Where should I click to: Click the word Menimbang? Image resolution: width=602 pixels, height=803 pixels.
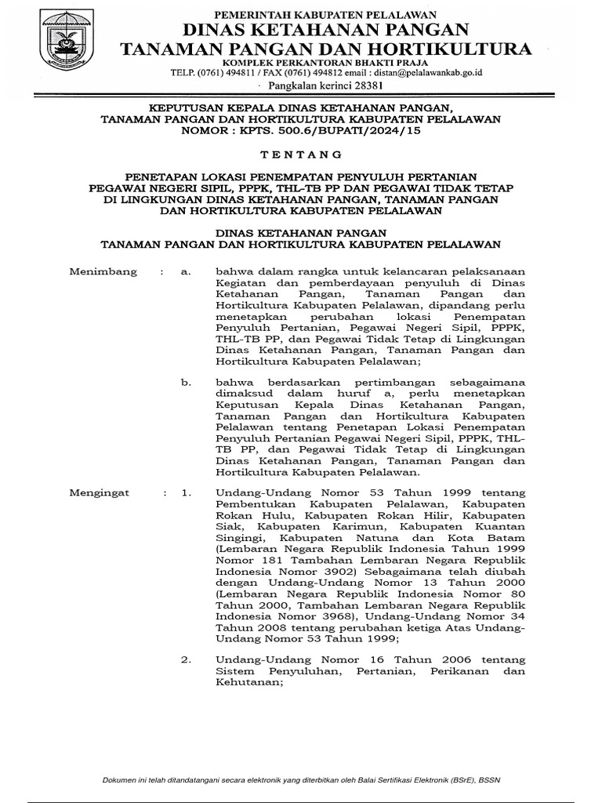[103, 271]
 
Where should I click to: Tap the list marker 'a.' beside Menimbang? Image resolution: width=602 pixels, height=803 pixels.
[185, 271]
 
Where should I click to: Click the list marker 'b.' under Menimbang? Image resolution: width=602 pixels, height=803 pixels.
[186, 382]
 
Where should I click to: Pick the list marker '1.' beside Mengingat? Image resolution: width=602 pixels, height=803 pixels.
[186, 494]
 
